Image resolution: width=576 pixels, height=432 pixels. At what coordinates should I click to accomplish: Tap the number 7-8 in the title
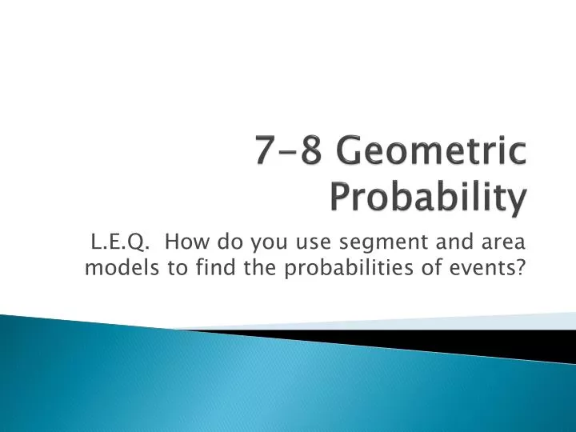click(x=286, y=152)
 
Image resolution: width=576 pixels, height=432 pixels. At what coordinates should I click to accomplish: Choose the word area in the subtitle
click(x=502, y=242)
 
